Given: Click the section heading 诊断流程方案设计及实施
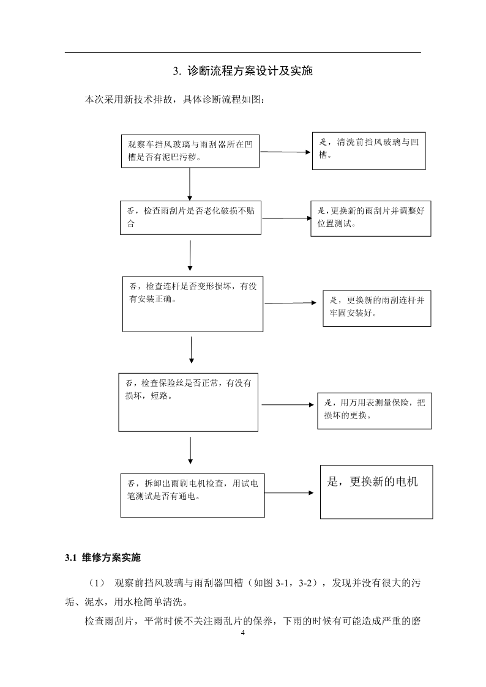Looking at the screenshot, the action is pos(250,71).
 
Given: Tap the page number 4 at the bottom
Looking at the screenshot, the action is pos(243,633).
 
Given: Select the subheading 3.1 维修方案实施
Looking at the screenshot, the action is pos(103,558).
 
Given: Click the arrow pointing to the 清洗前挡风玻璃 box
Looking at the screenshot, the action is pos(285,152).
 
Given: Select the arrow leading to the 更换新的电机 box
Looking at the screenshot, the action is pos(289,493).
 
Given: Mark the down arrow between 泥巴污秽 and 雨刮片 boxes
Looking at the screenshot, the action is pos(190,184).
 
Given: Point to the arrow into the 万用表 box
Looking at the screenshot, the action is pos(288,405).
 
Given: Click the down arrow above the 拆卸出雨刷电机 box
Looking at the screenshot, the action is pos(190,450).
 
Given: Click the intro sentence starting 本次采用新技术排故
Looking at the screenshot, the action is pos(174,100).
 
